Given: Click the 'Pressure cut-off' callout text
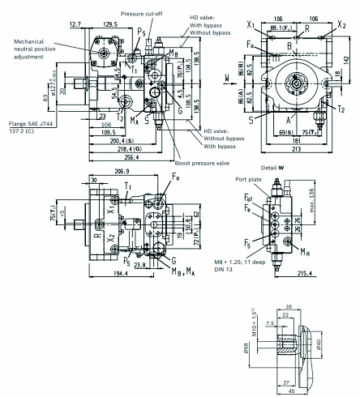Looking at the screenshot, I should (143, 14).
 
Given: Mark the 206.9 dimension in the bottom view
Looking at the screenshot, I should (118, 173).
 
